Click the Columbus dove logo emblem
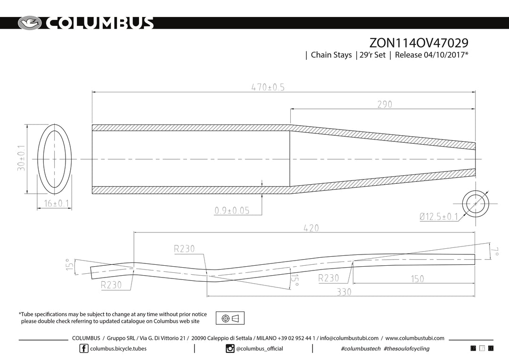(x=30, y=23)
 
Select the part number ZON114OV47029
(x=419, y=43)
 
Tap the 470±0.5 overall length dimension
(x=268, y=87)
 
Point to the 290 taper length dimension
(x=385, y=104)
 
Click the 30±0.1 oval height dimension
(x=21, y=158)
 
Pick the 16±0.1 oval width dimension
(x=57, y=203)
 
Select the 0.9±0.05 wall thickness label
(x=232, y=210)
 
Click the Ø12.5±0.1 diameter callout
(x=439, y=216)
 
